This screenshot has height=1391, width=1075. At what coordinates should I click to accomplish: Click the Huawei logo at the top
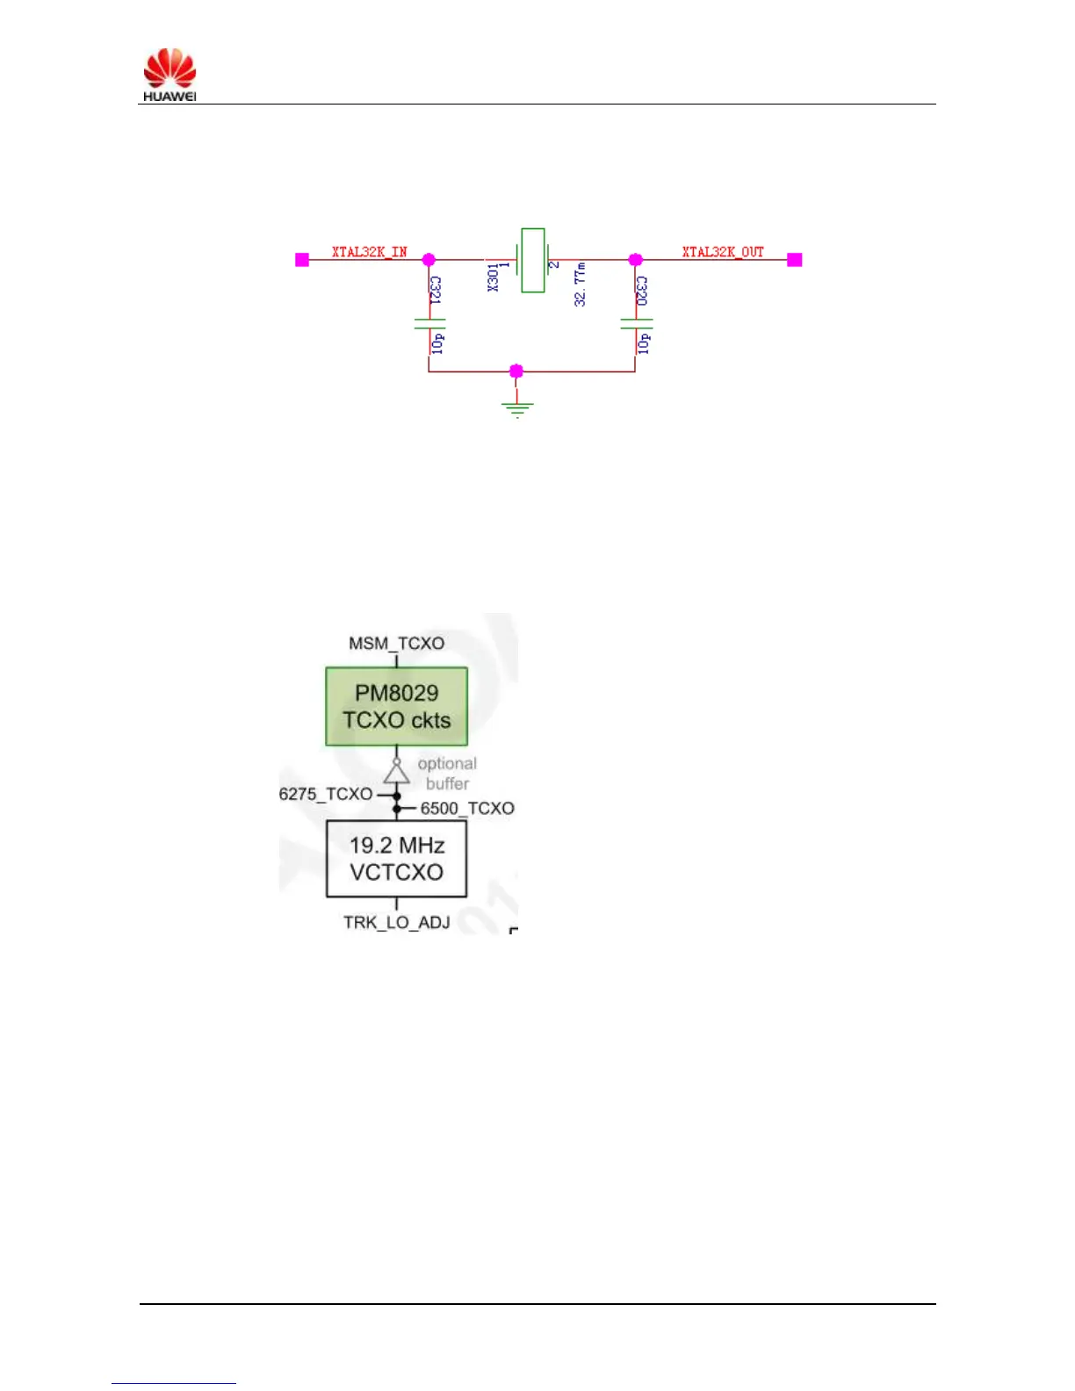tap(170, 74)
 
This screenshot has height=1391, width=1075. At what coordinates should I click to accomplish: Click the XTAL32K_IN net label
tap(369, 252)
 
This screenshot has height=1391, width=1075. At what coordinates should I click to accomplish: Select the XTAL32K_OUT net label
tap(723, 252)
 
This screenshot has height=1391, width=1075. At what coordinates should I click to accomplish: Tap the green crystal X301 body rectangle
tap(532, 260)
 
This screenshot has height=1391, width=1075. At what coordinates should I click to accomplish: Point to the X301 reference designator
tap(494, 277)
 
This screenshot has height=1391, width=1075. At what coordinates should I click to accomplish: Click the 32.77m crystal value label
tap(580, 284)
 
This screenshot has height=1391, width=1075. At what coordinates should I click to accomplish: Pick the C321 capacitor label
tap(436, 290)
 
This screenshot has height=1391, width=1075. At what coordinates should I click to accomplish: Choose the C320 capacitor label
tap(642, 291)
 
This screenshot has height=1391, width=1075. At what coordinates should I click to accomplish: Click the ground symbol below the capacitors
tap(517, 407)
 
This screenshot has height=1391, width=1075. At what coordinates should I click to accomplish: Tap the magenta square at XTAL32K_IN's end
tap(302, 260)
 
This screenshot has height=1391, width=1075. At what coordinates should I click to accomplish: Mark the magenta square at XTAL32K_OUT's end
tap(795, 260)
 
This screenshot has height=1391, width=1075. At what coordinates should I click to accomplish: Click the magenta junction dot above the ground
tap(516, 371)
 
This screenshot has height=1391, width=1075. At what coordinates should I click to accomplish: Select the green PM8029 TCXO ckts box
tap(396, 706)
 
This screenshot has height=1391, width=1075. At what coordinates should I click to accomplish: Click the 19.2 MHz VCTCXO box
tap(396, 859)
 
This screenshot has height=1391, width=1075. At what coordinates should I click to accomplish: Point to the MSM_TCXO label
tap(396, 643)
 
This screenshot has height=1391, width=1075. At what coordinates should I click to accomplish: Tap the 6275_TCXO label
tap(326, 794)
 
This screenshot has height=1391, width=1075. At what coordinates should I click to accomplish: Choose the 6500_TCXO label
tap(467, 808)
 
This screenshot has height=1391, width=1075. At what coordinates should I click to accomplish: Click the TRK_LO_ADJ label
tap(396, 922)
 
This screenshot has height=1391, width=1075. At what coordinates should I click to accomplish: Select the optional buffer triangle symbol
tap(396, 772)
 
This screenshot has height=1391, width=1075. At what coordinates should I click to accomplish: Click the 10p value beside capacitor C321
tap(437, 342)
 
